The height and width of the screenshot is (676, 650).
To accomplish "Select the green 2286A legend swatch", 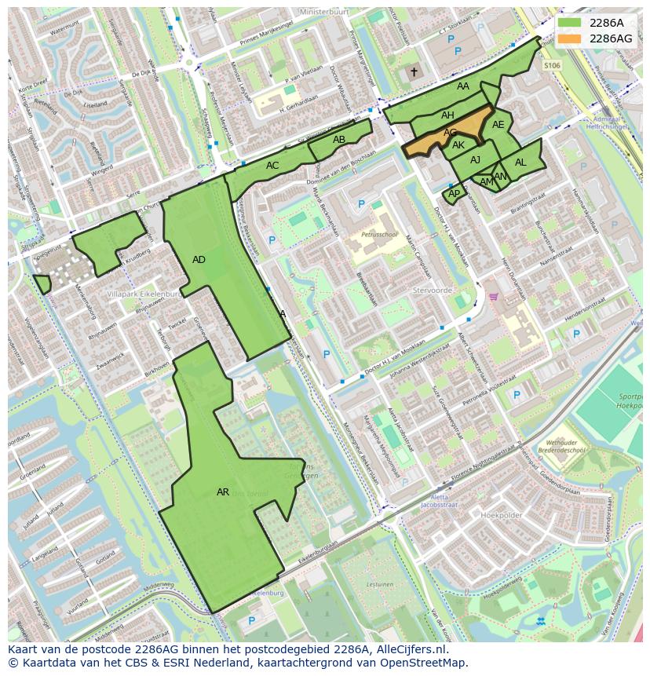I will [x=570, y=23].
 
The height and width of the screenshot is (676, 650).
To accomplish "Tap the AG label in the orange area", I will [x=450, y=133].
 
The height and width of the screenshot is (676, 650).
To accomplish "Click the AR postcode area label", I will [x=223, y=492].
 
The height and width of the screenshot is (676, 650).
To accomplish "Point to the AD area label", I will [x=199, y=260].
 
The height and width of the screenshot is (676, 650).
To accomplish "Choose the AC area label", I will [x=272, y=166].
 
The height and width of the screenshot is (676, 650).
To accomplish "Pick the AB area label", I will [x=339, y=140].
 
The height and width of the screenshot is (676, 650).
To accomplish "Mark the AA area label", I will [x=463, y=86].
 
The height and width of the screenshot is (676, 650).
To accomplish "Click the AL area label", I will [x=520, y=163].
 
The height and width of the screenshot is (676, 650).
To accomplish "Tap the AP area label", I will [x=454, y=193].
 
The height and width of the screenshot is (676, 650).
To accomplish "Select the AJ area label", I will [x=475, y=160].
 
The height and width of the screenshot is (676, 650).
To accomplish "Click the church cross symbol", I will [x=414, y=72].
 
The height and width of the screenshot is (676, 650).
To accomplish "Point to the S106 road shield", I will [x=552, y=66].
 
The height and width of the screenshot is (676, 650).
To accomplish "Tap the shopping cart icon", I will [x=494, y=297].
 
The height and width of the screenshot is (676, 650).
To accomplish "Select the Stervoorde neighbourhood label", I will [x=433, y=290].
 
